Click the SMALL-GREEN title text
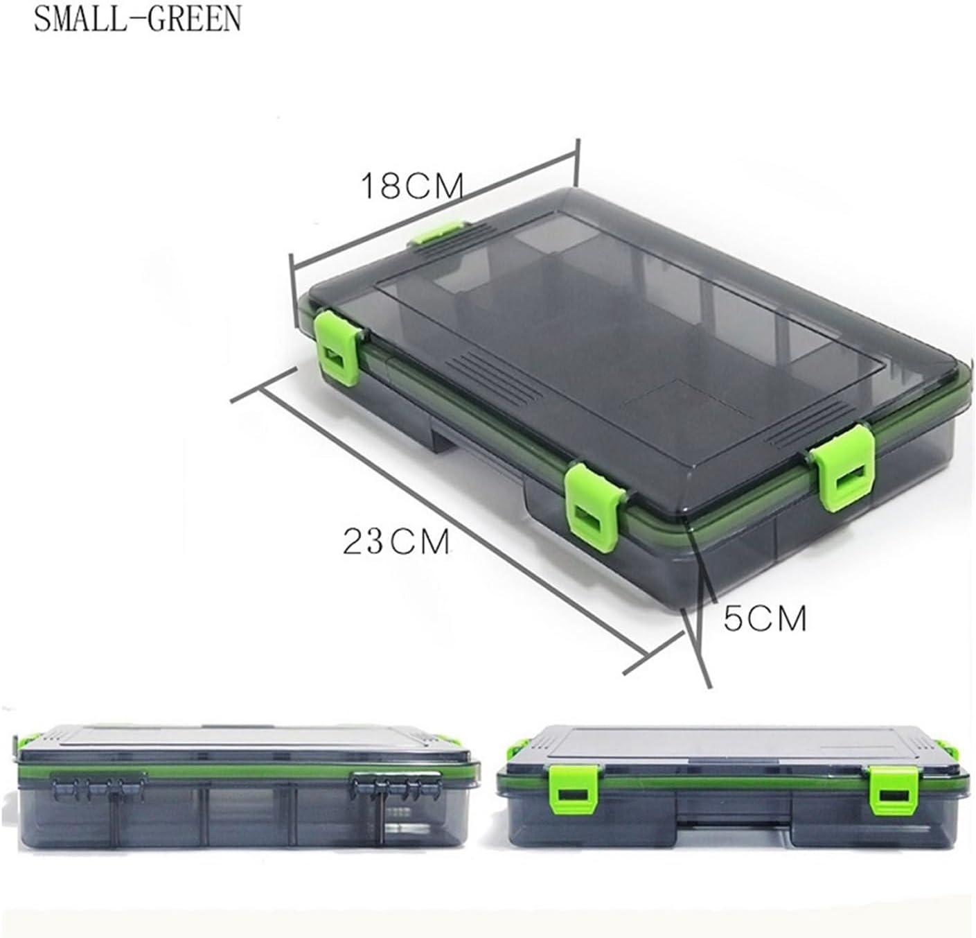(x=137, y=19)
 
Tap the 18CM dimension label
(x=412, y=186)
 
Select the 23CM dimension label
(x=396, y=541)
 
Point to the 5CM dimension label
(x=765, y=618)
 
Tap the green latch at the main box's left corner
(x=339, y=347)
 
